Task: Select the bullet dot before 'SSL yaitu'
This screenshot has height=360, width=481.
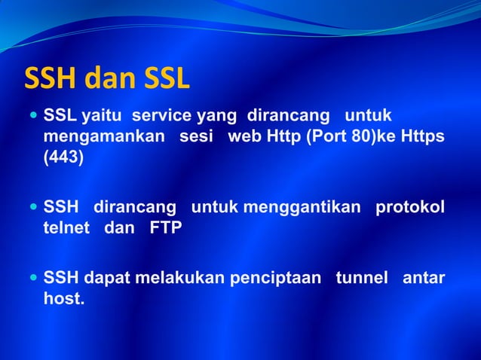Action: coord(33,117)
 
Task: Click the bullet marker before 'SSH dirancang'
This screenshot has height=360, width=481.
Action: coord(33,207)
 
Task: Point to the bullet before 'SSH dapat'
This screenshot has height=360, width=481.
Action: coord(33,279)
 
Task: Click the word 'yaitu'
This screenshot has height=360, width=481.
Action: coord(104,117)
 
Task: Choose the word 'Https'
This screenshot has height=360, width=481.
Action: coord(421,139)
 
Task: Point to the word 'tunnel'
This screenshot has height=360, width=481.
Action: coord(363,279)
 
